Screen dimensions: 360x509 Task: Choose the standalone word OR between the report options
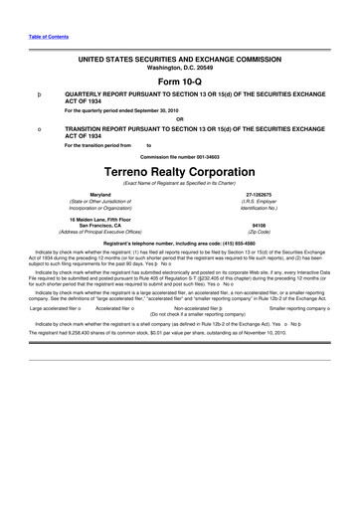point(180,119)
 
